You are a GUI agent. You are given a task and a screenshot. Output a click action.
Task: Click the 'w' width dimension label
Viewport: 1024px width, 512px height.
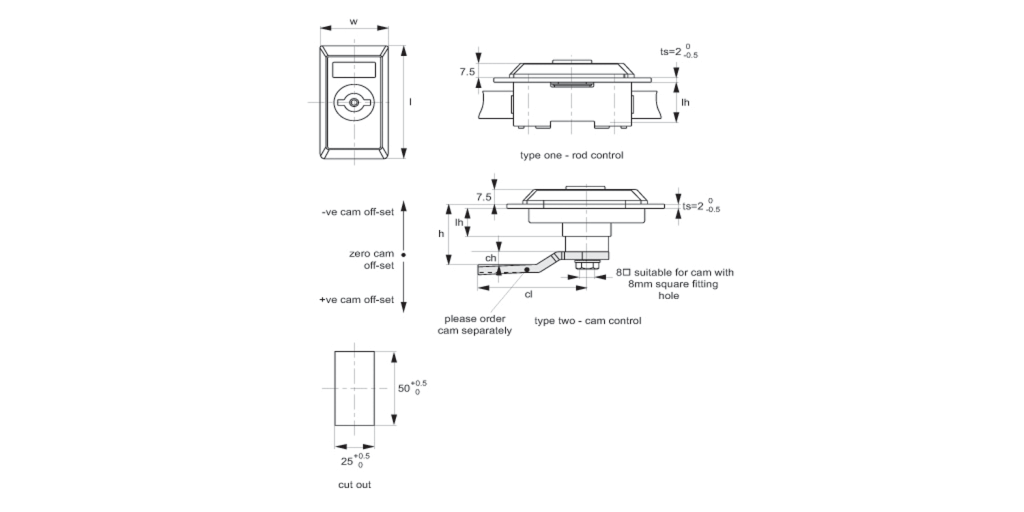[354, 21]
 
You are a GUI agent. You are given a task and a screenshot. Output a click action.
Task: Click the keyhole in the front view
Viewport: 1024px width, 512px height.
[354, 102]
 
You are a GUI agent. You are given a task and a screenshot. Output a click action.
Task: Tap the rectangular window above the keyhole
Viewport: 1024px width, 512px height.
[354, 70]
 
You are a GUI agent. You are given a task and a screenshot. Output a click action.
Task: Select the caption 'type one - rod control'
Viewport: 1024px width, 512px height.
[571, 155]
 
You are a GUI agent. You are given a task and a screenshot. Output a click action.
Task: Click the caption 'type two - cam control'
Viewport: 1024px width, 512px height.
[587, 320]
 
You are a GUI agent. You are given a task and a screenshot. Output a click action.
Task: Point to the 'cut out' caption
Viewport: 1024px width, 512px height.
[355, 485]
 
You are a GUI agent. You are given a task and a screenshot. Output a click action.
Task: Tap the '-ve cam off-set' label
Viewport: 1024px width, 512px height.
[358, 212]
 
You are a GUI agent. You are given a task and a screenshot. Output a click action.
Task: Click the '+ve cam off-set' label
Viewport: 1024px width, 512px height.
[356, 300]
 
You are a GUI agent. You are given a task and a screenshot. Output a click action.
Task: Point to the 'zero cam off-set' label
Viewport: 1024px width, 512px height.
[372, 259]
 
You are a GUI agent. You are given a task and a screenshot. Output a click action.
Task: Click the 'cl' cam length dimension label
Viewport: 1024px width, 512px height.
[528, 295]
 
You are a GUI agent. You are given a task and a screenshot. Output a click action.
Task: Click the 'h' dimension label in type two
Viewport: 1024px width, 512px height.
[441, 233]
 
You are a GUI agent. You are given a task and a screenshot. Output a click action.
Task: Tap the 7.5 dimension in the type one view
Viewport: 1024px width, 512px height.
[467, 71]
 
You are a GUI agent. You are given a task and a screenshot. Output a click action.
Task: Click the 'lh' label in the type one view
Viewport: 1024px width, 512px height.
[685, 102]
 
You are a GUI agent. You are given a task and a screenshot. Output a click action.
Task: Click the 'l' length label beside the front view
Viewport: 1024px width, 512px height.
[410, 101]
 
